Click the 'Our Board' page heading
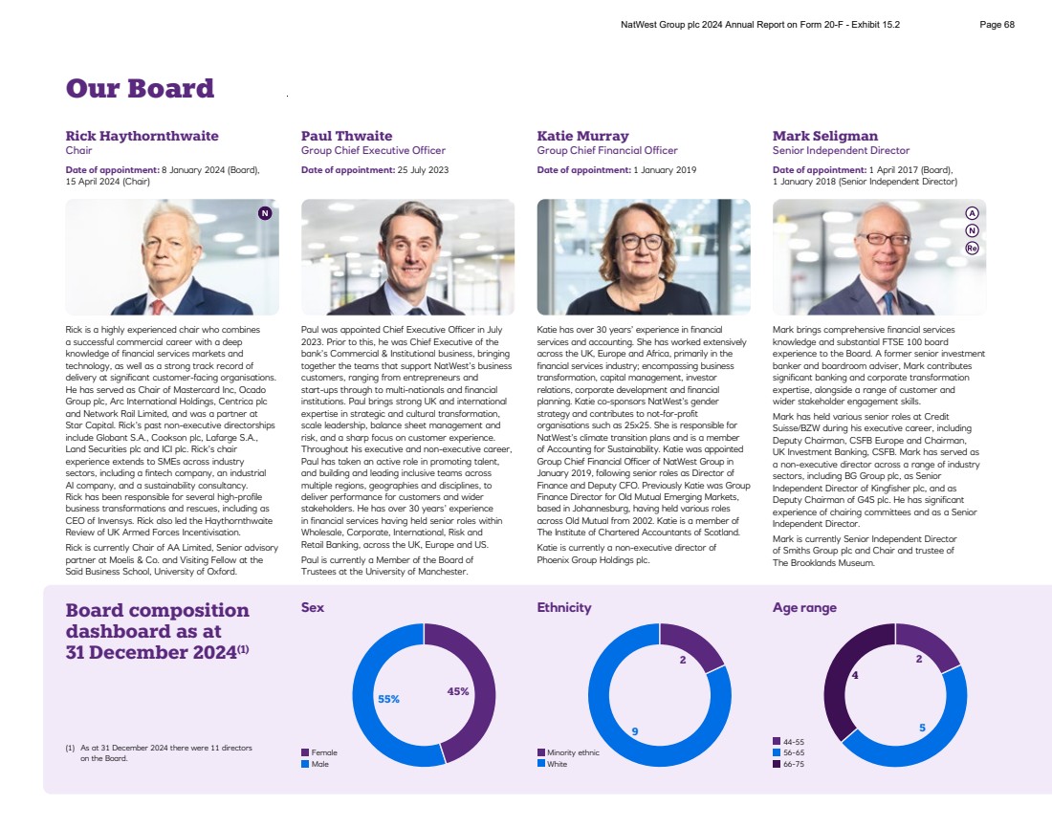[x=140, y=89]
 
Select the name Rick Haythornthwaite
[x=142, y=136]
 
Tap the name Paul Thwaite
[x=346, y=136]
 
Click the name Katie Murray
[x=582, y=136]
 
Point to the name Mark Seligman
[x=824, y=136]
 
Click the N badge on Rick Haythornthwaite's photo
[x=265, y=213]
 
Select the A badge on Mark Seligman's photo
[x=972, y=213]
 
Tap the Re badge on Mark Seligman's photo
[x=972, y=248]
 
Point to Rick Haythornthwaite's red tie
[x=157, y=306]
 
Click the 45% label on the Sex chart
[x=457, y=691]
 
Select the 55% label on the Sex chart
[x=388, y=699]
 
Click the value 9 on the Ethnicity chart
[x=634, y=731]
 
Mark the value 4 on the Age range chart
[x=854, y=675]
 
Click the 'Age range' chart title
[x=804, y=607]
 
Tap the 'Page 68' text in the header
[x=997, y=25]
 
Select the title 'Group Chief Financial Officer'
[x=607, y=151]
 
